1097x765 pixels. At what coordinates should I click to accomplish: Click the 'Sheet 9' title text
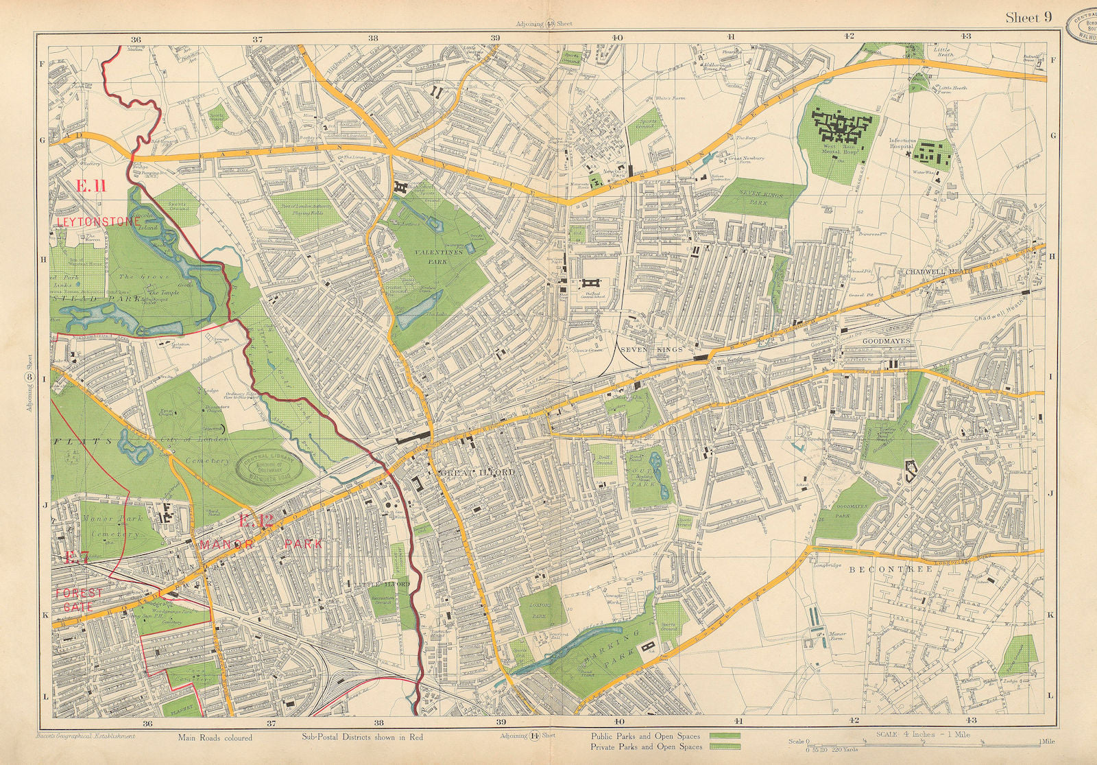[1028, 19]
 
